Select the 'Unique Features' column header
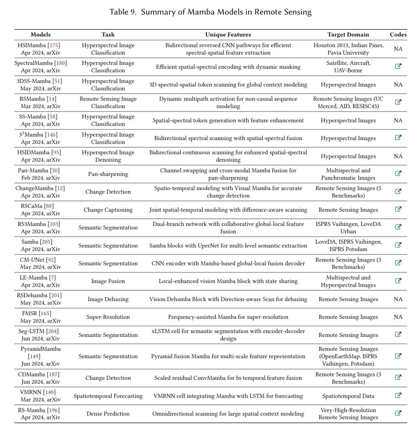(x=228, y=34)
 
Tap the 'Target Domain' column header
(x=348, y=34)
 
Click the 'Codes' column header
(x=398, y=34)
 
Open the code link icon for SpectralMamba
(x=398, y=66)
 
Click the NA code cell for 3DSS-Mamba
(x=398, y=85)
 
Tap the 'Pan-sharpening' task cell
(x=108, y=174)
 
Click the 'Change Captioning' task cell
(x=108, y=210)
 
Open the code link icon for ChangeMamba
(x=398, y=191)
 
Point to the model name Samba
(x=30, y=242)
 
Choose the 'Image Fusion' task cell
(x=108, y=281)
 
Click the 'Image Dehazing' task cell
(x=108, y=299)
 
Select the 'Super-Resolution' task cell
(x=108, y=317)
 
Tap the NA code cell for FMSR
(x=398, y=317)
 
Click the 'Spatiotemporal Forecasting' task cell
(x=108, y=396)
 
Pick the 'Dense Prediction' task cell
(x=108, y=414)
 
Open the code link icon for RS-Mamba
(x=398, y=413)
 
